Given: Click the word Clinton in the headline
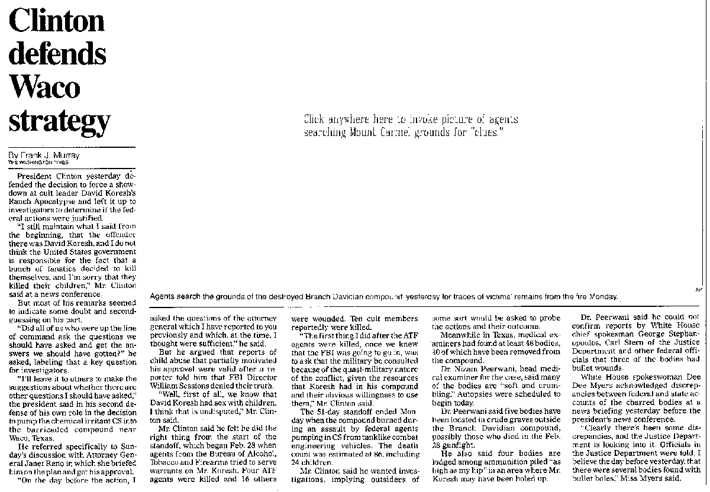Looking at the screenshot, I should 57,22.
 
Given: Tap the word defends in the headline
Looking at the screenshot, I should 57,54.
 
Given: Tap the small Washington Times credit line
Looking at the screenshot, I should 38,162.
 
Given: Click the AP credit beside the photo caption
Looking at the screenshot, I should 699,289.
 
